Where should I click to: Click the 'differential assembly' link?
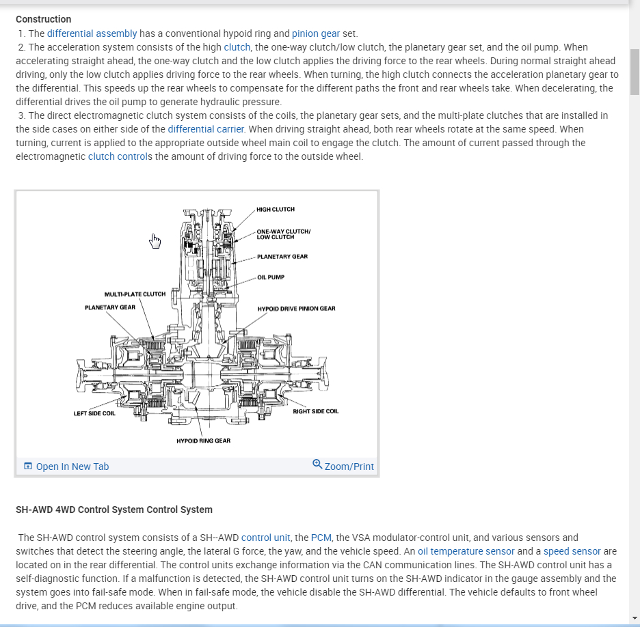[x=92, y=33]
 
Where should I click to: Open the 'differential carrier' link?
[x=206, y=129]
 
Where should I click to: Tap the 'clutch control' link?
[x=116, y=156]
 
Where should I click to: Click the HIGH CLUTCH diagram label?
[x=276, y=209]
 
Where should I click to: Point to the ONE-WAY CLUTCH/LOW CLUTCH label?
[x=283, y=234]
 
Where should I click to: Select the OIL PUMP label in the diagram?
[x=271, y=277]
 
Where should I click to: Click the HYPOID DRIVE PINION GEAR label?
[x=296, y=309]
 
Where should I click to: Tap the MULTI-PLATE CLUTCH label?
[x=135, y=294]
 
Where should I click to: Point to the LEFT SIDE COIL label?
[x=94, y=413]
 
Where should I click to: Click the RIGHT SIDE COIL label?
[x=315, y=411]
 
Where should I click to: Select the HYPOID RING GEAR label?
[x=203, y=441]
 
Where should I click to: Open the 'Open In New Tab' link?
[x=72, y=466]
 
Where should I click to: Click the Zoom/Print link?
[x=349, y=466]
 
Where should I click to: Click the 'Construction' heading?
[x=43, y=19]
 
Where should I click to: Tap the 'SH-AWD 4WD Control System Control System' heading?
[x=114, y=510]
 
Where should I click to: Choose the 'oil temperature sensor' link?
[x=466, y=551]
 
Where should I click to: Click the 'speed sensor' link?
[x=572, y=551]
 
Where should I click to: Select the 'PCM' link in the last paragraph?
[x=320, y=538]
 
